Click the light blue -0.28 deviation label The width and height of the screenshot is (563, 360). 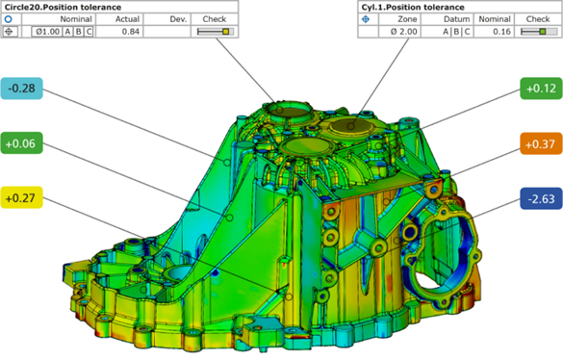[21, 89]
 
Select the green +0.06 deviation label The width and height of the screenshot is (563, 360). [21, 143]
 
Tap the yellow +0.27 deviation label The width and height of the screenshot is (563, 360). [21, 197]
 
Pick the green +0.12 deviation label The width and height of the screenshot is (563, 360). [541, 89]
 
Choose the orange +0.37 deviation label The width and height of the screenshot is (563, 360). [541, 143]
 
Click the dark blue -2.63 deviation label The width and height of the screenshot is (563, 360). [541, 198]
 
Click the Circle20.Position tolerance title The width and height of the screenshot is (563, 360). [63, 7]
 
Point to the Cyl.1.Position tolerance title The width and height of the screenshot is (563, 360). [413, 7]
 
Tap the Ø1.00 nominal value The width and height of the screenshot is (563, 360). [47, 32]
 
